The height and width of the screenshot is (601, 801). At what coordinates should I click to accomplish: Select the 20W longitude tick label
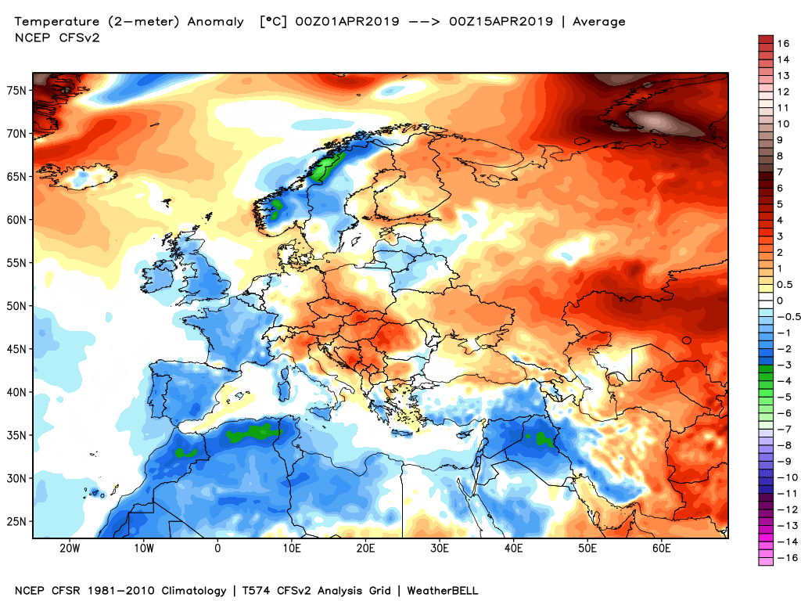tap(70, 549)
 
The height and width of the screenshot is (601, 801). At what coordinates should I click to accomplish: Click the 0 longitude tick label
tap(217, 549)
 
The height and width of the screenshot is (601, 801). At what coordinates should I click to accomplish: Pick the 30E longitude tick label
tap(440, 549)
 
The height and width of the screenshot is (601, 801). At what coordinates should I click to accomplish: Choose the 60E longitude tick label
tap(662, 549)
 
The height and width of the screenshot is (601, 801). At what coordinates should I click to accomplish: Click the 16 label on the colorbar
tap(782, 44)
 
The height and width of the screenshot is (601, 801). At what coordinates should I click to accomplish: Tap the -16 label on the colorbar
tap(784, 557)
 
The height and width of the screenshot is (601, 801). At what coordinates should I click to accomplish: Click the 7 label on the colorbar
tap(779, 171)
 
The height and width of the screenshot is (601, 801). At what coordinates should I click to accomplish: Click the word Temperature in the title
tap(56, 22)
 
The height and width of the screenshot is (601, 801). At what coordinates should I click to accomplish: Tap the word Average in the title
tap(599, 22)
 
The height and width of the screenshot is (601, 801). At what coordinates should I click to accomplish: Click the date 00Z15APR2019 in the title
tap(505, 22)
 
